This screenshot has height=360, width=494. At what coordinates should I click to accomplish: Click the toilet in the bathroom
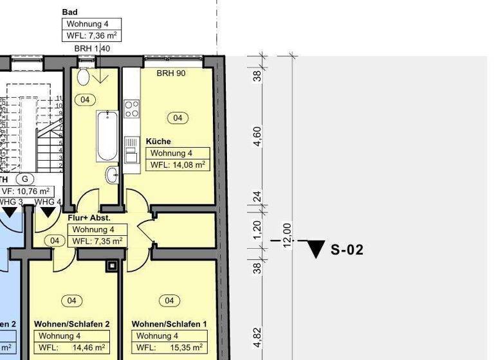[x=82, y=76]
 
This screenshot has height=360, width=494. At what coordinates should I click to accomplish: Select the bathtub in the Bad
[x=106, y=136]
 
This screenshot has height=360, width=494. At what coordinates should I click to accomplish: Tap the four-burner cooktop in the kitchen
[x=132, y=109]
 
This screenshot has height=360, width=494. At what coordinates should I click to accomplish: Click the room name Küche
[x=158, y=141]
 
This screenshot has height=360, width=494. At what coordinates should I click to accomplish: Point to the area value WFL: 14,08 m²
[x=178, y=165]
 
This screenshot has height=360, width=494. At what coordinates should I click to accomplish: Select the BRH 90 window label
[x=171, y=73]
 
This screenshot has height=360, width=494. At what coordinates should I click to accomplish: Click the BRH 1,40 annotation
[x=92, y=49]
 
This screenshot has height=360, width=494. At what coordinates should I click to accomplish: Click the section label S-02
[x=347, y=250]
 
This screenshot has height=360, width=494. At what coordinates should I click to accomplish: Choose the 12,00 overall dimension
[x=288, y=235]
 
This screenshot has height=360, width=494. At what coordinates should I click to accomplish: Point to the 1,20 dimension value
[x=257, y=229]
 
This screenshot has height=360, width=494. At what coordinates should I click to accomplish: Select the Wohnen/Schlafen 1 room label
[x=169, y=324]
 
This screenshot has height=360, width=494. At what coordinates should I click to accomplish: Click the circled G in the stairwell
[x=26, y=179]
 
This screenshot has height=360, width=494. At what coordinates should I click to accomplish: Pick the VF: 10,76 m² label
[x=26, y=191]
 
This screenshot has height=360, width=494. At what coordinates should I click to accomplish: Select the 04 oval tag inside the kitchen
[x=178, y=118]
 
